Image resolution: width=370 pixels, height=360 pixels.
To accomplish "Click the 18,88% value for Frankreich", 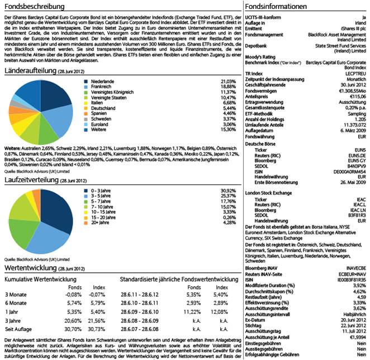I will pos(229,87).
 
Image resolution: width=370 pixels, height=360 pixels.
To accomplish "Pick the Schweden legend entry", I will pos(101,119).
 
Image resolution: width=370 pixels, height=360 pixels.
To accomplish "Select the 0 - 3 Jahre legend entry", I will pos(104,192).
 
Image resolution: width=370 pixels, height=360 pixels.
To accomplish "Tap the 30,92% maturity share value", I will pos(229,192).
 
